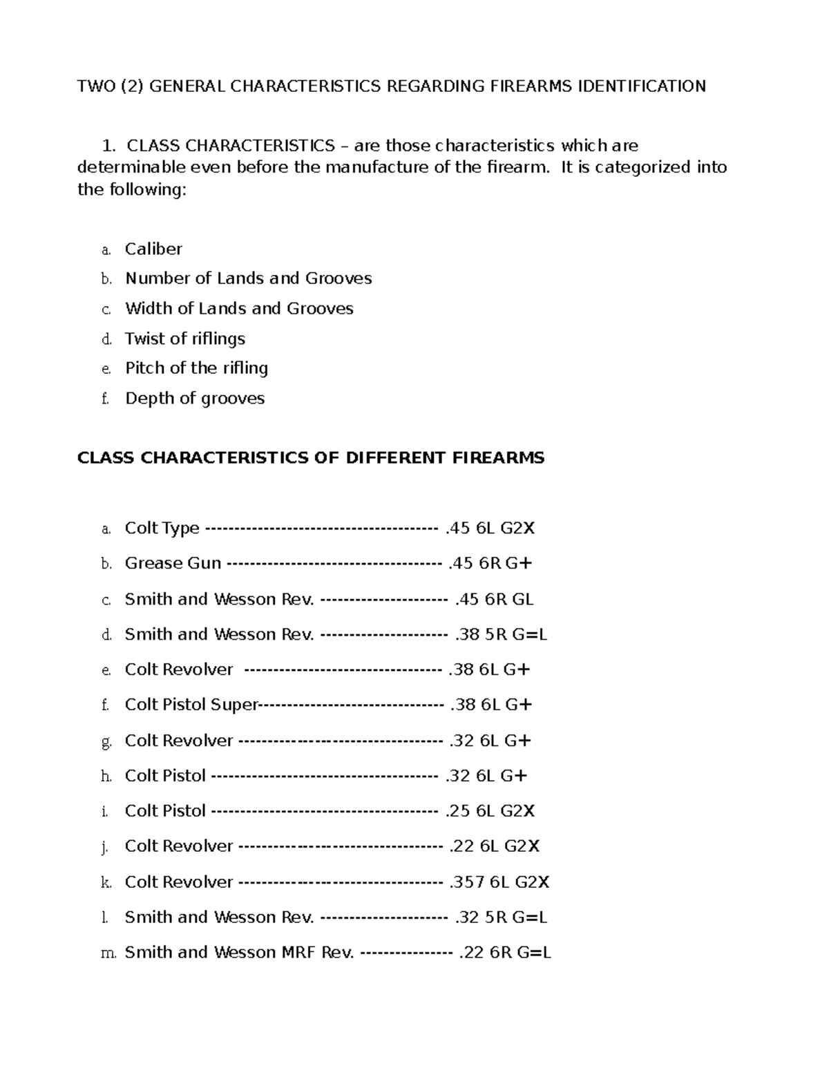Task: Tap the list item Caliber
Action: (x=153, y=249)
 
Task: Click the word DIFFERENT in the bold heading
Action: (x=396, y=457)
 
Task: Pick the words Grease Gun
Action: (x=173, y=563)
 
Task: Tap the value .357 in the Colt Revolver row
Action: (x=466, y=882)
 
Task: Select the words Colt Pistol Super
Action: (x=191, y=705)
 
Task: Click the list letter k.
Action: (x=106, y=882)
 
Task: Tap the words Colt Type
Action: (x=162, y=529)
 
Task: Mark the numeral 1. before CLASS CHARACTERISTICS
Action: (x=107, y=146)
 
